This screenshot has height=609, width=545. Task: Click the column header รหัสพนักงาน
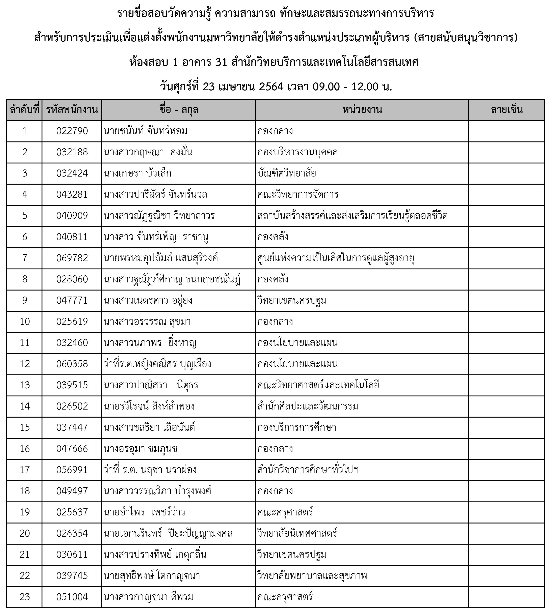tap(72, 110)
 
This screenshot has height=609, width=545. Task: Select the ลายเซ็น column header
tap(507, 110)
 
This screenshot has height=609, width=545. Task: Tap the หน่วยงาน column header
tap(362, 110)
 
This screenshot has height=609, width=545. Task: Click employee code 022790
tap(72, 131)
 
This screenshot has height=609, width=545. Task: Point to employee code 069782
tap(72, 258)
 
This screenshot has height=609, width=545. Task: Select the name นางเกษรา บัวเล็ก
tap(138, 173)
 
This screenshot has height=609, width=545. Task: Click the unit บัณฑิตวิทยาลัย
tap(287, 173)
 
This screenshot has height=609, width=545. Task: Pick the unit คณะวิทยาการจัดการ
tap(298, 194)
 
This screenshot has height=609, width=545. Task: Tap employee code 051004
tap(72, 597)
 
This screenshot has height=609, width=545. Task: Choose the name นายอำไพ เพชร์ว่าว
tap(144, 512)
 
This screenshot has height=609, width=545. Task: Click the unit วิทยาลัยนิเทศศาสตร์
tap(297, 533)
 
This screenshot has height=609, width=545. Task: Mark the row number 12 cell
tap(24, 364)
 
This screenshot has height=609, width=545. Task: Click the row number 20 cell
tap(24, 533)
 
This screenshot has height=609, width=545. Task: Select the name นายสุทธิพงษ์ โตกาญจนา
tap(152, 575)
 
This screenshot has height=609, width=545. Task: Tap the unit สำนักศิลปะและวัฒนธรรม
tap(308, 406)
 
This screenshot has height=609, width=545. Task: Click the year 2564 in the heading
tap(271, 87)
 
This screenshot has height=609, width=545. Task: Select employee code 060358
tap(72, 364)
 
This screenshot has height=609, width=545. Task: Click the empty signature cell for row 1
tap(507, 131)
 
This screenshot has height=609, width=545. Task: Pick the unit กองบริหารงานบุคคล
tap(297, 152)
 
